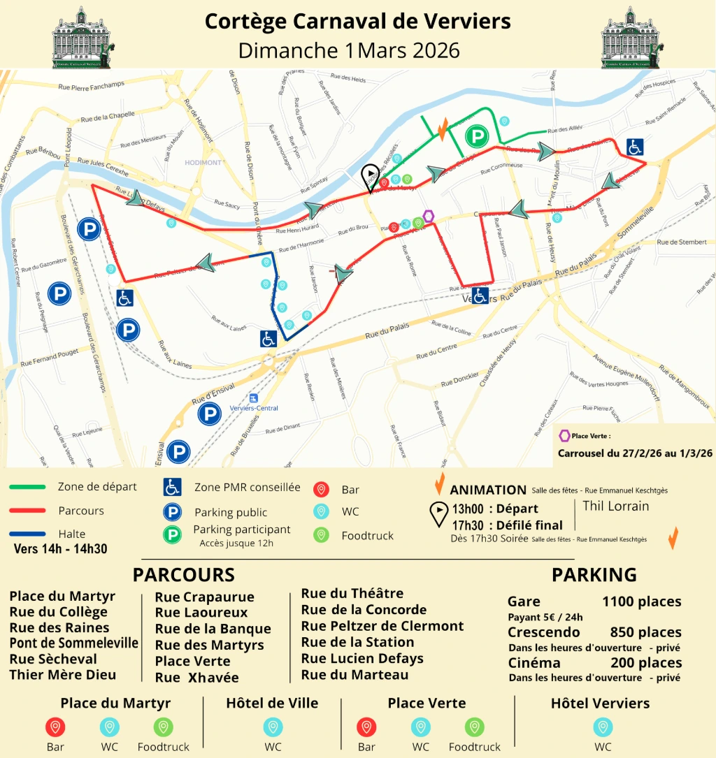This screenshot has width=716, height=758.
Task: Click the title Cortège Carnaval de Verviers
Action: [357, 21]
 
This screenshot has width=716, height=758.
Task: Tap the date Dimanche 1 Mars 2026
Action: [349, 50]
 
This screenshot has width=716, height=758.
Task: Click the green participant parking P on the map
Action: [477, 136]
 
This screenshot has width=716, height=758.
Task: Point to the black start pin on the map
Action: [368, 176]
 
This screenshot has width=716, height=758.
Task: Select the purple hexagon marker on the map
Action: [429, 217]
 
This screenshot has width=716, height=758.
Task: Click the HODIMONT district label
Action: [203, 163]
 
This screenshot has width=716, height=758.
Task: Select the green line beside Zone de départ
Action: [28, 487]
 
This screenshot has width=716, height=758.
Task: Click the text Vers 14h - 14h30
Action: [60, 548]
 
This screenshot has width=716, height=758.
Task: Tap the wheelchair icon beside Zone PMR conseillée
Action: [172, 487]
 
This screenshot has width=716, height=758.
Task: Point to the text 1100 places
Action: [641, 602]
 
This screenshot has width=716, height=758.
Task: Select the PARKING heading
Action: [594, 575]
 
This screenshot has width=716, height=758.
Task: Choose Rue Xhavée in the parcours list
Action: [196, 678]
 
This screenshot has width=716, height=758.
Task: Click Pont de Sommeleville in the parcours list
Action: [73, 643]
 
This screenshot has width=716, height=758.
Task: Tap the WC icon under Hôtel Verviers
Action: [603, 727]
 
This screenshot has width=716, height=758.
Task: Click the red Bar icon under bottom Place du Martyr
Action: [55, 727]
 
